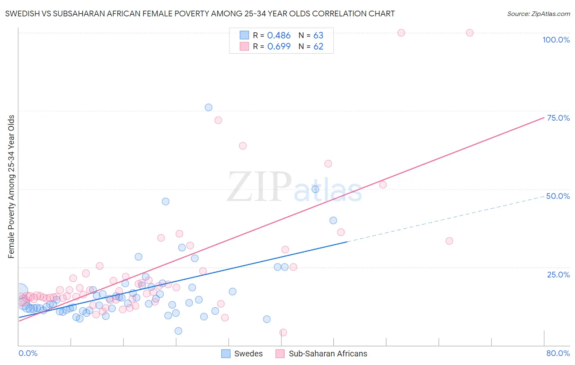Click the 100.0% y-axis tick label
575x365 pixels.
(556, 40)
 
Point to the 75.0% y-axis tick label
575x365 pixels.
(558, 118)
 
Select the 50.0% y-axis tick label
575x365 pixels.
(558, 196)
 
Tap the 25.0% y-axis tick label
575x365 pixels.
(558, 274)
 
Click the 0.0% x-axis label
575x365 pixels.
(28, 353)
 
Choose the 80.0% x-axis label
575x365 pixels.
(558, 353)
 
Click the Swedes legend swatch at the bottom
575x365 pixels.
(226, 354)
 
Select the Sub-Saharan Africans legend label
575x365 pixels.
(328, 354)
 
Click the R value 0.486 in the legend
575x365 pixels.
(279, 36)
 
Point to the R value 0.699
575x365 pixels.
(279, 47)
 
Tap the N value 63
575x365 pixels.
(318, 36)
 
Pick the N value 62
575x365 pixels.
(318, 47)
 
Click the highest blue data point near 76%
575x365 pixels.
(209, 108)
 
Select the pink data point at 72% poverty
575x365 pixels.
(218, 120)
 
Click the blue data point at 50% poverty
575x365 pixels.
(315, 189)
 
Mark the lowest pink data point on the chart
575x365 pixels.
(283, 332)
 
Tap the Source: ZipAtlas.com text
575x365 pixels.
(538, 14)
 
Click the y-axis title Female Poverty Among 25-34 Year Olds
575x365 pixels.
(11, 187)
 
